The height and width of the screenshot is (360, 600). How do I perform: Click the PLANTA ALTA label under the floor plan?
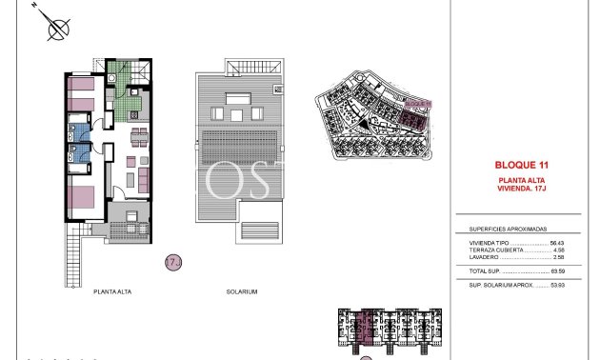(112, 292)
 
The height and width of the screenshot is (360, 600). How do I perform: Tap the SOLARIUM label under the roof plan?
(241, 292)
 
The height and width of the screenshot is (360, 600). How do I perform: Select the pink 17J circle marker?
(172, 260)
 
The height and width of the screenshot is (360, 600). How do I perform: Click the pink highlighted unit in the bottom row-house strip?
(368, 329)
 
